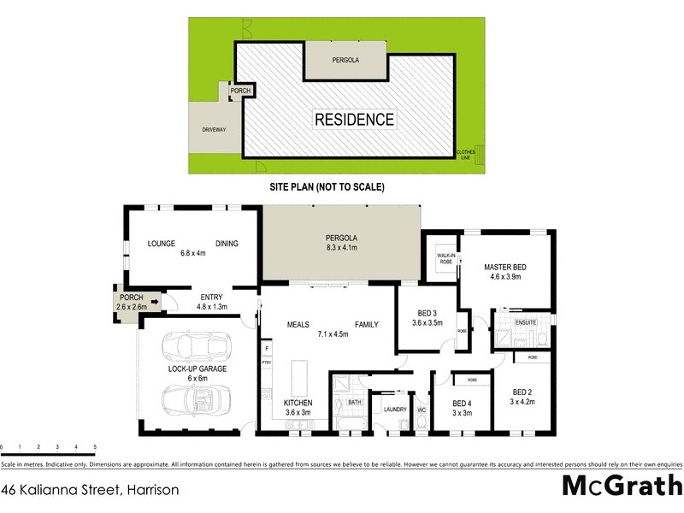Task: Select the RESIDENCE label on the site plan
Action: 355,120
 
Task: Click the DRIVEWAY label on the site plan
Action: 213,130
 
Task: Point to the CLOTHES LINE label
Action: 467,153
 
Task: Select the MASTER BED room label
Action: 504,268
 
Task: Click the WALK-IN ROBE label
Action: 445,257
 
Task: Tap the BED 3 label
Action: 427,313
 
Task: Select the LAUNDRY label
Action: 394,410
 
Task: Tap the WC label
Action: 422,410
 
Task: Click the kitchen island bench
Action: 298,376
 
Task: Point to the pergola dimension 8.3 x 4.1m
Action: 341,247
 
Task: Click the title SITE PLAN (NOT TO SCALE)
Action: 327,186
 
